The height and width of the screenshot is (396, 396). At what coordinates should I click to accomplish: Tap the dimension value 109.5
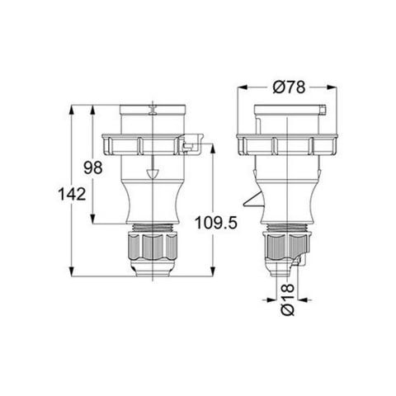212,224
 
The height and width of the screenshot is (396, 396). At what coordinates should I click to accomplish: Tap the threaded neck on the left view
152,228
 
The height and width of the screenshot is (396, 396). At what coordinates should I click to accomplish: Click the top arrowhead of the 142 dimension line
74,107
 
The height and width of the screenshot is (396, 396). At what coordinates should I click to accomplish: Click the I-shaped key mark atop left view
152,108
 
